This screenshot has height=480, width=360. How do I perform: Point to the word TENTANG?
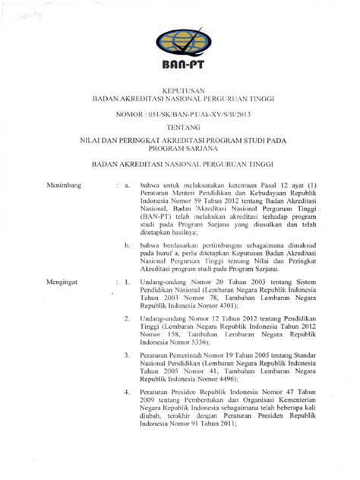[180, 128]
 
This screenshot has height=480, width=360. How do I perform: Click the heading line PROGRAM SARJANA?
[180, 150]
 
